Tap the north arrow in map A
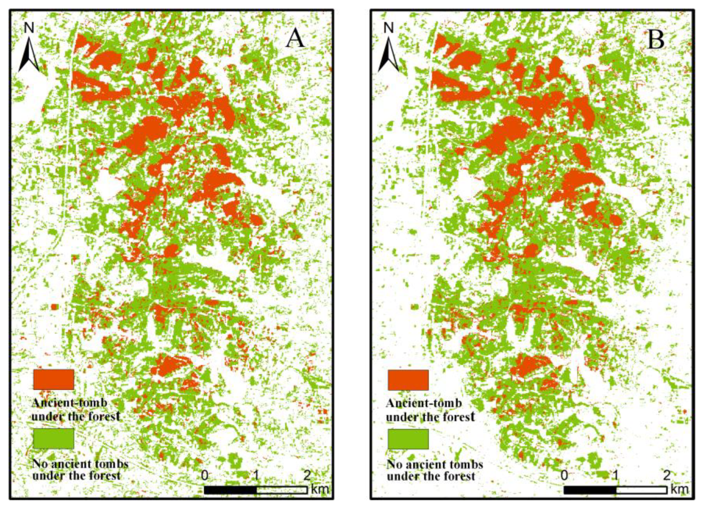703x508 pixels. click(x=29, y=55)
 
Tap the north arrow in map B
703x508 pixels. click(x=389, y=55)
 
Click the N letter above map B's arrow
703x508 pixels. click(x=389, y=28)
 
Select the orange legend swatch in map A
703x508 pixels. click(x=54, y=379)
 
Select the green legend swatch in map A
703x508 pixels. click(x=54, y=438)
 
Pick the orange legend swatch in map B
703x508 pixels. click(x=408, y=380)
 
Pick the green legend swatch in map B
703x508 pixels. click(x=408, y=439)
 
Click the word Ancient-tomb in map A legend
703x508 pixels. click(x=70, y=403)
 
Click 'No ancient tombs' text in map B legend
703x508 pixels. click(x=435, y=464)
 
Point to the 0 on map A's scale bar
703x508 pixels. click(x=205, y=475)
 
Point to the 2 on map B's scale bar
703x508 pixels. click(x=667, y=475)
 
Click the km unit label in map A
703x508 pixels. click(x=320, y=489)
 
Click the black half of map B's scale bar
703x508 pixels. click(x=590, y=490)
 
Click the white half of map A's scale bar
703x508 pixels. click(x=282, y=490)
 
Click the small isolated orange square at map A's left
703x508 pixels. click(x=54, y=306)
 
